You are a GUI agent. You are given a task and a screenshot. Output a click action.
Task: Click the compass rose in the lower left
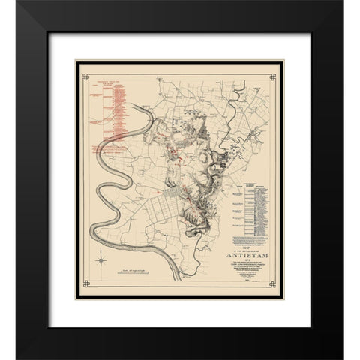click(x=100, y=260)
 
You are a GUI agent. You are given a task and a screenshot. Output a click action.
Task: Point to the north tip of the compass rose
click(x=100, y=253)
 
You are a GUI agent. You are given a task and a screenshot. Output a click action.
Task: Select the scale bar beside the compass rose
click(x=139, y=268)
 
